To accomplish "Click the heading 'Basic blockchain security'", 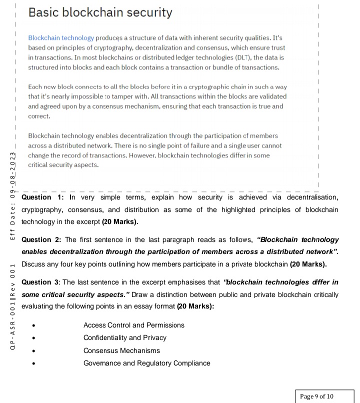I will tap(100, 12).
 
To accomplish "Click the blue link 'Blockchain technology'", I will tap(61, 38).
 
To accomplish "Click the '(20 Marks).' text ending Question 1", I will tap(120, 221).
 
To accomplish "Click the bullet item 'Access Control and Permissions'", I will tap(133, 325).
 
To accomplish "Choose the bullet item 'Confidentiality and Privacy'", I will tap(124, 337).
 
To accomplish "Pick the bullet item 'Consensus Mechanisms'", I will tap(121, 350).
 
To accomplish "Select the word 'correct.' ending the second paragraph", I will tap(39, 116).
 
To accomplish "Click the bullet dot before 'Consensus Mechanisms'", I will tap(33, 351).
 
